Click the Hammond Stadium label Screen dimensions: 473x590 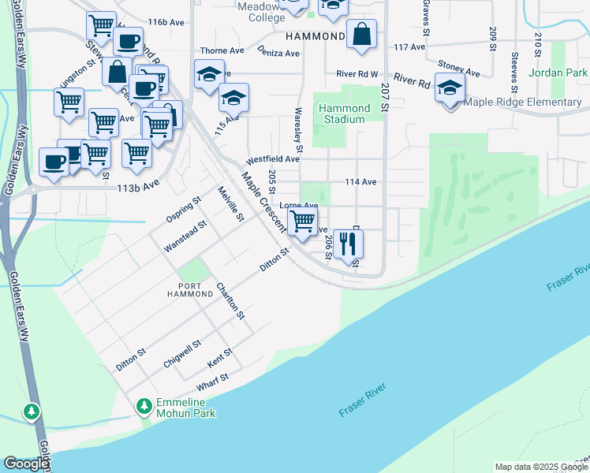[x=345, y=114]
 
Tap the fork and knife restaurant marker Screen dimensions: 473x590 [x=348, y=244]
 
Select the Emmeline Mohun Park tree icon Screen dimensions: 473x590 [x=144, y=406]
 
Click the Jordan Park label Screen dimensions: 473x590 [x=565, y=73]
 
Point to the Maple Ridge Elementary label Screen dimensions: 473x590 [x=523, y=102]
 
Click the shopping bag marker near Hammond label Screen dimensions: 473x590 [x=361, y=35]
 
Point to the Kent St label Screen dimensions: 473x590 [x=220, y=359]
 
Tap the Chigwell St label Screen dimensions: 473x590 [x=183, y=349]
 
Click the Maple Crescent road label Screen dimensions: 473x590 [x=263, y=202]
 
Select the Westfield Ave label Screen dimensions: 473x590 [x=273, y=158]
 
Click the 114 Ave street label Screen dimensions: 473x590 [x=360, y=181]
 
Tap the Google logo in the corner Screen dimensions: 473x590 [x=26, y=464]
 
